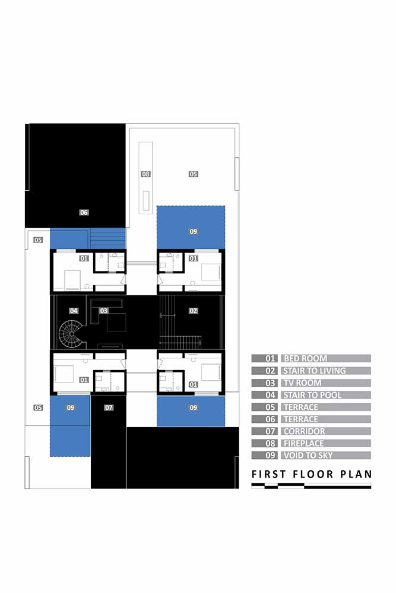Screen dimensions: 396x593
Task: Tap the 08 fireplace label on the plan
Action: pos(146,174)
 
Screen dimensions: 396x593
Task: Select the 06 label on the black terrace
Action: pos(84,212)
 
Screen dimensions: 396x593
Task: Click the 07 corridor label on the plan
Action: pos(109,408)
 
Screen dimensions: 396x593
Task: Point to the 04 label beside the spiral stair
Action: pos(74,311)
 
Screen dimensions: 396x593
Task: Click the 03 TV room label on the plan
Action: pos(104,311)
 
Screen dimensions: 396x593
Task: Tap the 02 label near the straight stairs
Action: pos(194,311)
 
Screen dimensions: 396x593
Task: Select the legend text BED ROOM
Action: pos(306,359)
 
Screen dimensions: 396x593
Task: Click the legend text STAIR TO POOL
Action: pos(312,395)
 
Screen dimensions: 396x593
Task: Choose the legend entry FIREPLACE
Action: pos(303,444)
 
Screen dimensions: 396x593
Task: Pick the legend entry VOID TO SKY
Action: pos(308,455)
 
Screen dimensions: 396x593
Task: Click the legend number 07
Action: pos(270,432)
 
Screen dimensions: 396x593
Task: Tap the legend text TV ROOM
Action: pos(302,383)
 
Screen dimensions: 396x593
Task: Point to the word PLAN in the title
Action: pos(356,474)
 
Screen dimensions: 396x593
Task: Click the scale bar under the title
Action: pos(311,486)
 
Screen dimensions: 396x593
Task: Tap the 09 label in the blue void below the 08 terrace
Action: pos(194,231)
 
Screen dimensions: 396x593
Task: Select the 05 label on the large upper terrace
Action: pos(194,174)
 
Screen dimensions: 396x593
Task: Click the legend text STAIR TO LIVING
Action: pos(315,371)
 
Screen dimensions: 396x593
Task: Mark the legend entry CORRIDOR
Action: pos(305,432)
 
